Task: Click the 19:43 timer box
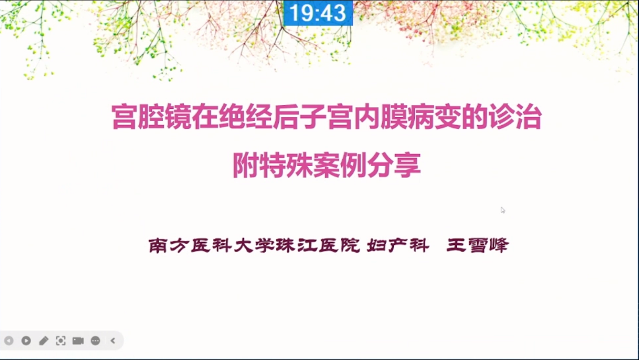(x=318, y=13)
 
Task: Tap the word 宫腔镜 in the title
(x=151, y=117)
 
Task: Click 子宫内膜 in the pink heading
(x=354, y=117)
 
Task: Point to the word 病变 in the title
(x=434, y=117)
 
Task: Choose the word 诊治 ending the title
(x=515, y=117)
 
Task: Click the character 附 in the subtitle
(x=246, y=166)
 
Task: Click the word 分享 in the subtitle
(x=394, y=166)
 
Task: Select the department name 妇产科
(x=398, y=245)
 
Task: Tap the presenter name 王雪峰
(x=478, y=245)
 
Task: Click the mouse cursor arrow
(x=503, y=211)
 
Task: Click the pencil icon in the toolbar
(x=43, y=340)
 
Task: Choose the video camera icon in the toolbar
(x=78, y=341)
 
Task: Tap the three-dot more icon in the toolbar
(x=95, y=341)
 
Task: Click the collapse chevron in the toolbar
(x=113, y=340)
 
